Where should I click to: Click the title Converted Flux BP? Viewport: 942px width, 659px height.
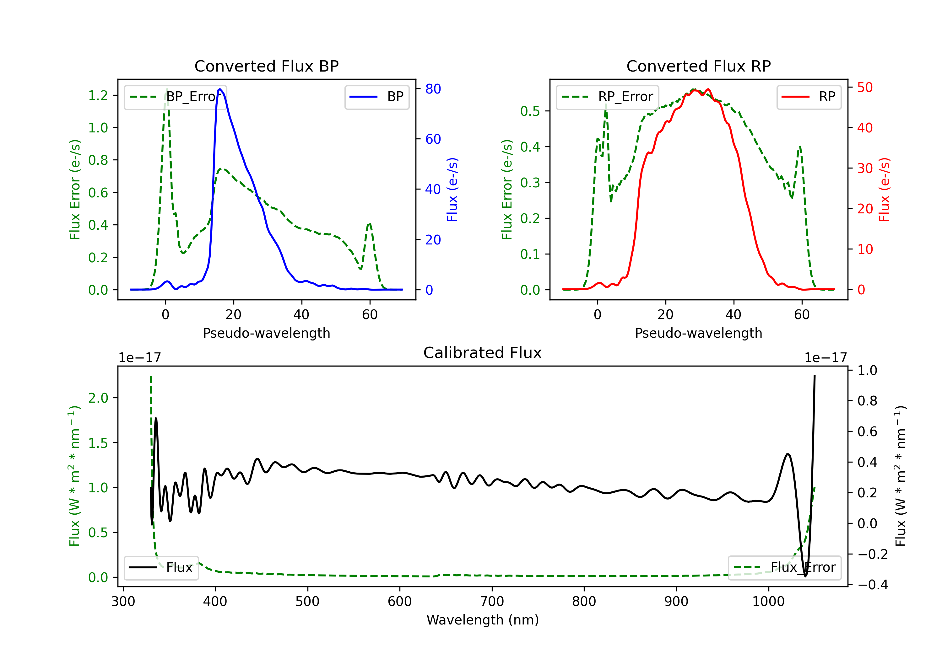267,66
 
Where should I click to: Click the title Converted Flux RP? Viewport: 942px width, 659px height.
699,66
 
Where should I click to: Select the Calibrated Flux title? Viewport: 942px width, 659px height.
483,353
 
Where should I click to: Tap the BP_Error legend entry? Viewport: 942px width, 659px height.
175,97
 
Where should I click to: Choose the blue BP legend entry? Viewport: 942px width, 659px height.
376,97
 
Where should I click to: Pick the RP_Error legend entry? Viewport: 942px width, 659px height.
607,97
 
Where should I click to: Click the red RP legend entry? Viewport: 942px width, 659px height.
809,97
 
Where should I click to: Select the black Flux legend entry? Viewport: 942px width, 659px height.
161,568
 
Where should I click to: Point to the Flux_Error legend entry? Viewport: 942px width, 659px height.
784,568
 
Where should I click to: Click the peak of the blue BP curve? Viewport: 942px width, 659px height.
220,89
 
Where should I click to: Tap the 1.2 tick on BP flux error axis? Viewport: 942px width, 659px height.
98,95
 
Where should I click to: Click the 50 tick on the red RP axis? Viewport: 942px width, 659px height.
865,87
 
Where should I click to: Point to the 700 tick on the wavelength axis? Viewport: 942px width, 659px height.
492,602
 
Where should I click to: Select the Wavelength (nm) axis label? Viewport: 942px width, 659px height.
483,620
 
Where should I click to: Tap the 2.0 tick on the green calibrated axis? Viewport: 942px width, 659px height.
98,398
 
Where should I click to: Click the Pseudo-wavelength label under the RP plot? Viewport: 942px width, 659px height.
699,333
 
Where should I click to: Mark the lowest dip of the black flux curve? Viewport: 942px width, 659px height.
805,576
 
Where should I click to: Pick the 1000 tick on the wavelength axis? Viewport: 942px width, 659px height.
768,602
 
